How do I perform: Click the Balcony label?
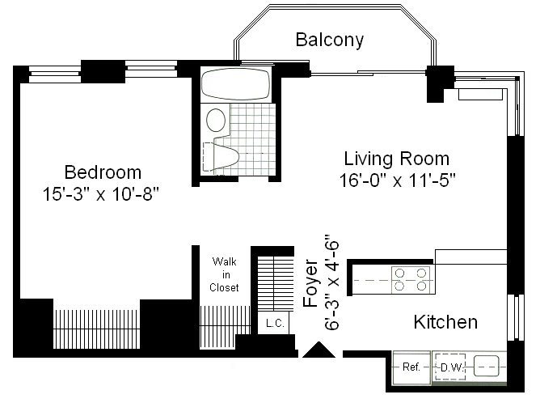tap(330, 40)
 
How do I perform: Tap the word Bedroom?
tap(103, 172)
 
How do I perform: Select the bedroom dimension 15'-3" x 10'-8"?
tap(101, 194)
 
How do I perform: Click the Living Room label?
tap(397, 159)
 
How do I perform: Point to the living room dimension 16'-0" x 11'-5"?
tap(398, 180)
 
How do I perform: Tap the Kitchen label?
tap(445, 322)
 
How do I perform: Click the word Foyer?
tap(310, 283)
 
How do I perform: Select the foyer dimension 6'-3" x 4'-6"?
tap(332, 282)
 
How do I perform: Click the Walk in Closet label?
tap(224, 274)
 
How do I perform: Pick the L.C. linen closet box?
tap(274, 323)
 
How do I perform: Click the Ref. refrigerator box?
tap(412, 367)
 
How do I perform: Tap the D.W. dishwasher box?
tap(450, 367)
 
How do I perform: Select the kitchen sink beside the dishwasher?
tap(487, 366)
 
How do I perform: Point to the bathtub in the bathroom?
tap(235, 84)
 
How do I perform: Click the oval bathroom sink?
tap(216, 120)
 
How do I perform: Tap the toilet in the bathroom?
tap(221, 157)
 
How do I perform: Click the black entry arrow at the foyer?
tap(319, 350)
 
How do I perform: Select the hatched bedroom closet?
tap(97, 329)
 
